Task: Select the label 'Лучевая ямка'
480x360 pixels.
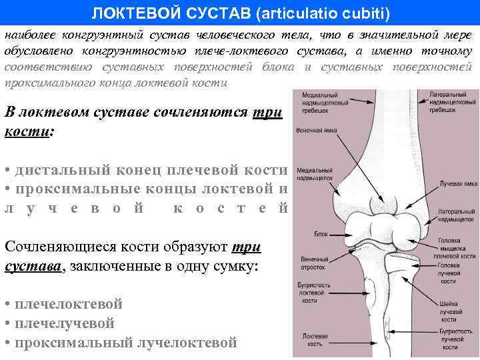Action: click(x=457, y=183)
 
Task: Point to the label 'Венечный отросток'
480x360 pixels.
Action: click(x=313, y=262)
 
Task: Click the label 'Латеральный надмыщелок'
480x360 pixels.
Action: click(x=457, y=214)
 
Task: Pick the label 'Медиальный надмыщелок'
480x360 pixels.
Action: click(x=315, y=175)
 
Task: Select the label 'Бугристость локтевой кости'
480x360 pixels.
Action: click(x=313, y=293)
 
